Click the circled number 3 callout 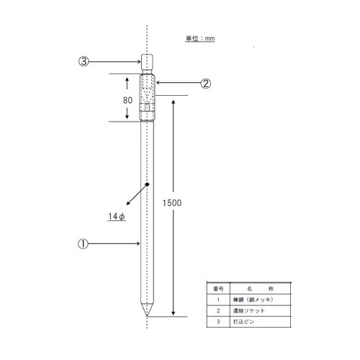pos(84,62)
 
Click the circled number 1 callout pos(84,243)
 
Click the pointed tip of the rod pos(147,315)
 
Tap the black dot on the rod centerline pos(147,185)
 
